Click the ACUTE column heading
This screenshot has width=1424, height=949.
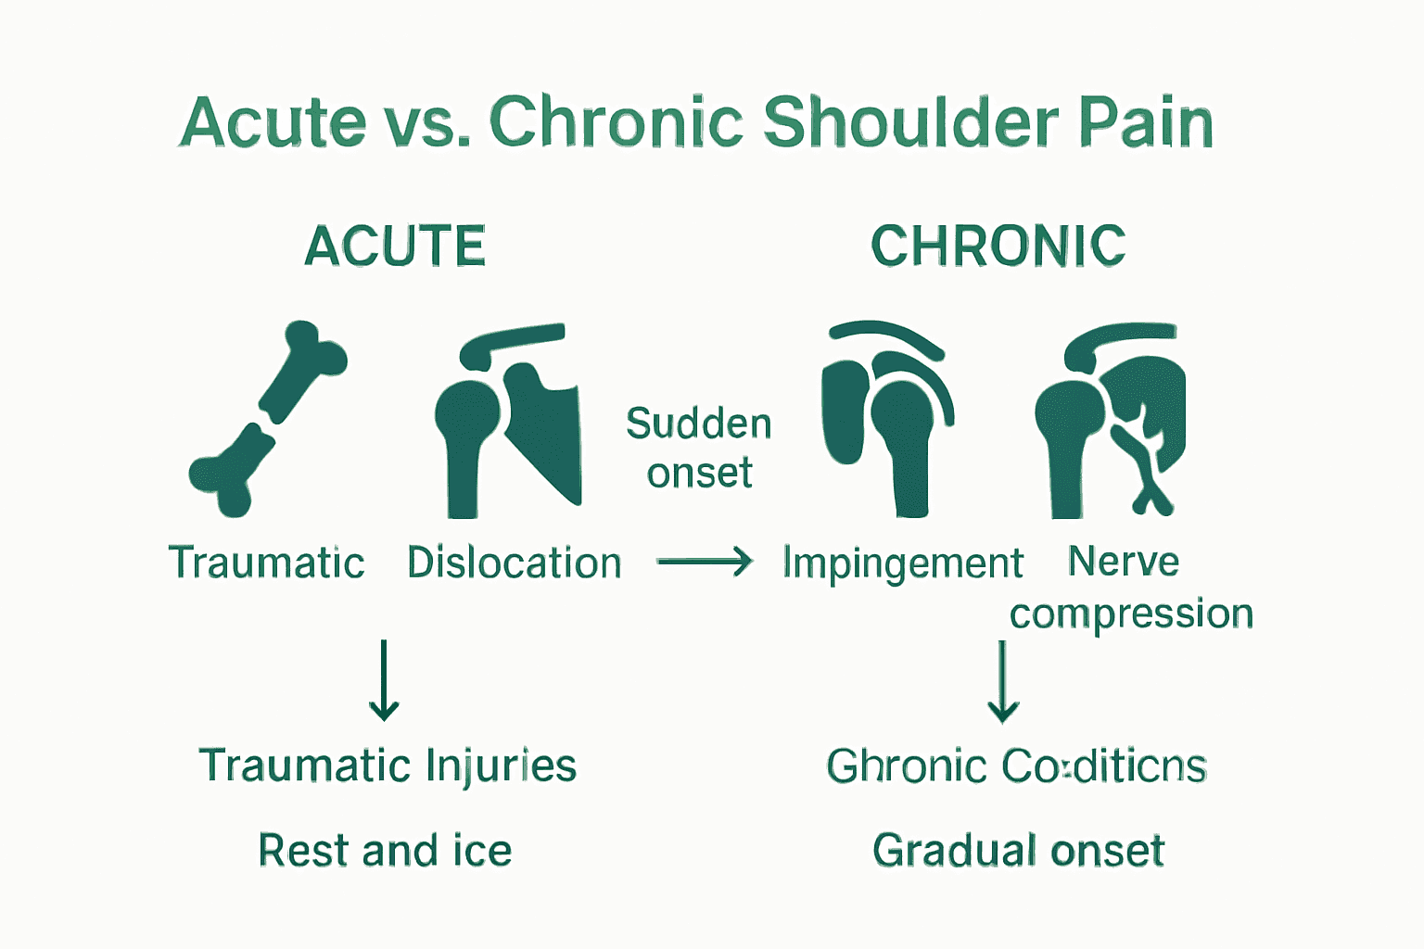(x=395, y=247)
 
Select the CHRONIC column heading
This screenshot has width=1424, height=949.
(x=998, y=247)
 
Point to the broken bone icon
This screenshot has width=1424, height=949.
(x=268, y=419)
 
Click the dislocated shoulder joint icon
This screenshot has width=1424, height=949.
(x=508, y=422)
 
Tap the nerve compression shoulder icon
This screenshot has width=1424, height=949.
(x=1110, y=422)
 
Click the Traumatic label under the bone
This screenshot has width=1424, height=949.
(x=266, y=563)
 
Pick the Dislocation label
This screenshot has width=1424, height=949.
(x=514, y=563)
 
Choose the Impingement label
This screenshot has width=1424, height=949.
(x=902, y=563)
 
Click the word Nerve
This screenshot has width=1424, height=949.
(x=1123, y=562)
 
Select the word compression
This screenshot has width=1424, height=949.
(x=1131, y=614)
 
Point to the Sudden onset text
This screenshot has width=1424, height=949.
(x=699, y=448)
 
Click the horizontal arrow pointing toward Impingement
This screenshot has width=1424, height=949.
(x=705, y=561)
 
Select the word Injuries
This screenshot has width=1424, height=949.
(x=501, y=766)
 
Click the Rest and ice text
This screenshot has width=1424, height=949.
(x=385, y=850)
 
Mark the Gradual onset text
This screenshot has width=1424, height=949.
(x=1018, y=850)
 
